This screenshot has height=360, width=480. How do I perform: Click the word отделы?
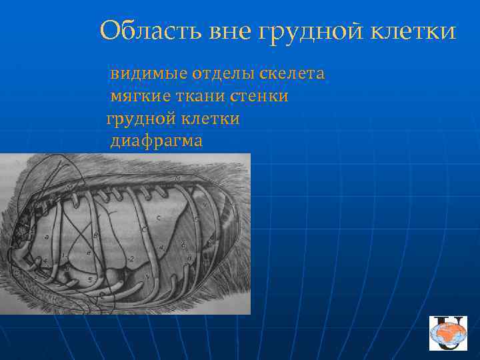(223, 73)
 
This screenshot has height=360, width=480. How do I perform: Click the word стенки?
(259, 97)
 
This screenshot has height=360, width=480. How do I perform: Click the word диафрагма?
(156, 141)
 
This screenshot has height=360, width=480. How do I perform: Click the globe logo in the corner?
(449, 333)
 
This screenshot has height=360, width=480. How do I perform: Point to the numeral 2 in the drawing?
(133, 259)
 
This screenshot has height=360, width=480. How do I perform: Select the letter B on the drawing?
(96, 235)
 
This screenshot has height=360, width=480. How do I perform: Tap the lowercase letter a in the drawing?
(45, 237)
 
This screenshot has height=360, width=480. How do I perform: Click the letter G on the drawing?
(195, 219)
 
